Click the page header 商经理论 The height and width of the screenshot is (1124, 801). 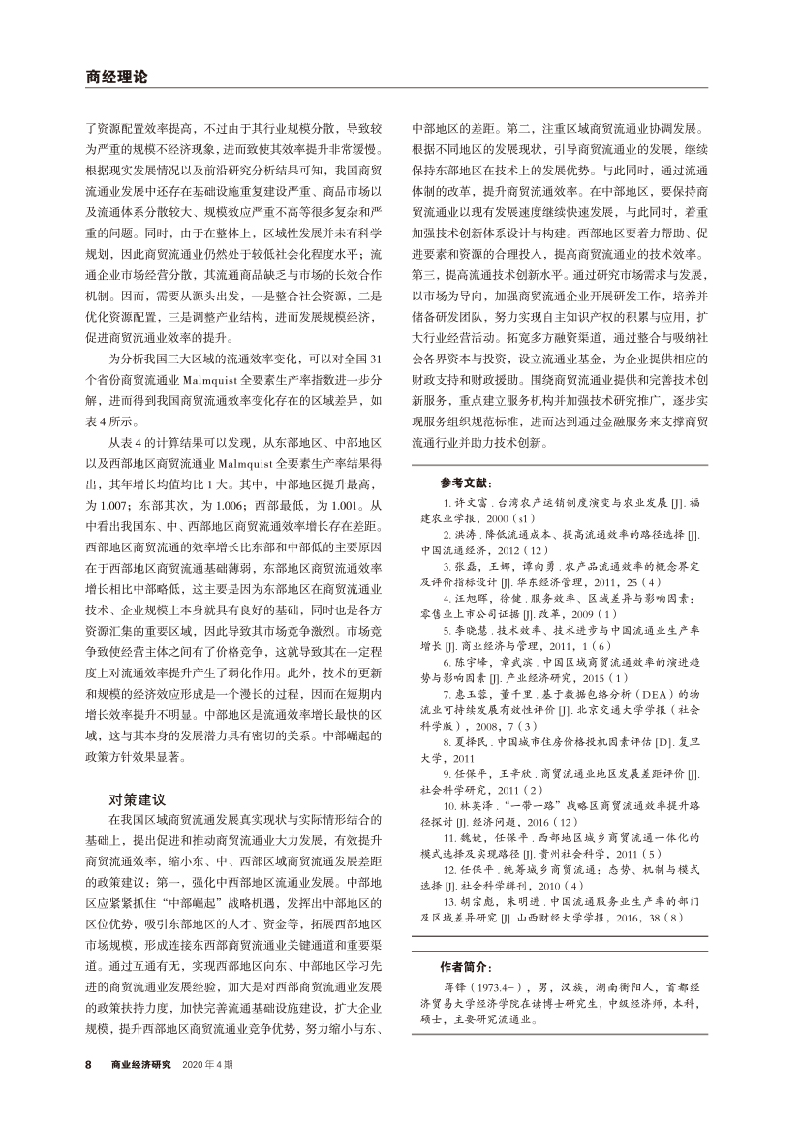115,76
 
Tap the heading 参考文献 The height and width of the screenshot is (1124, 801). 467,483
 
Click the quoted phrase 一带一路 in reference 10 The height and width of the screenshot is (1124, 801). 539,804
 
